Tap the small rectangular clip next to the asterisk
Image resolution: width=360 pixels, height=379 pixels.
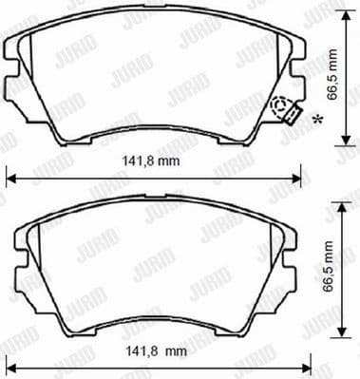(x=294, y=116)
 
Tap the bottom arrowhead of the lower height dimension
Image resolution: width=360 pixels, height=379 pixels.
(x=339, y=332)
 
